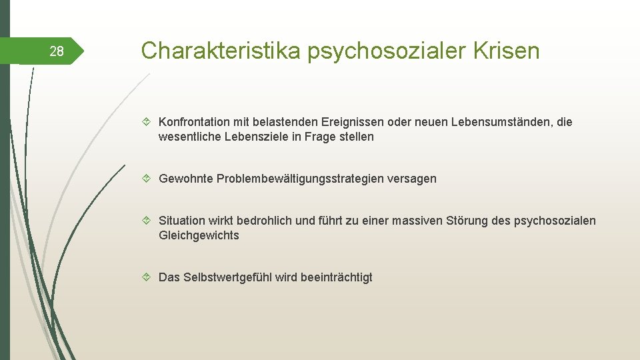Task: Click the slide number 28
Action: click(x=57, y=51)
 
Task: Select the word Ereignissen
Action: click(x=351, y=122)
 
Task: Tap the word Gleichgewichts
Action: click(x=199, y=235)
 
